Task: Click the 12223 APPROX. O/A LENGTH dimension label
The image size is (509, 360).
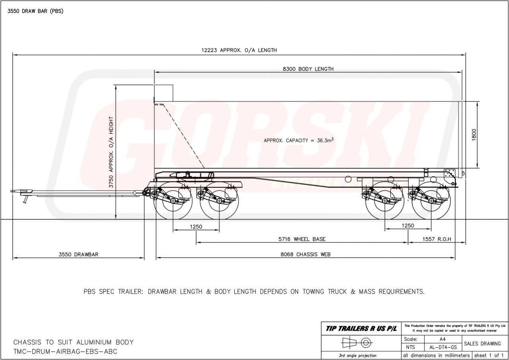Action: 239,50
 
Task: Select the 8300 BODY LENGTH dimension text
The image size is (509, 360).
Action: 308,69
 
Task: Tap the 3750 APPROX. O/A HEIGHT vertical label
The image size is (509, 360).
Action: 111,152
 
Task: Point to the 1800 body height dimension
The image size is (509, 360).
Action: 474,135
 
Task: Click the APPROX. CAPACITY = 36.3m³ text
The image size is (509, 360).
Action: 299,140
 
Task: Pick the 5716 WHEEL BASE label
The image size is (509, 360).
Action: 302,239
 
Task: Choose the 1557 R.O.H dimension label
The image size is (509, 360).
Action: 437,239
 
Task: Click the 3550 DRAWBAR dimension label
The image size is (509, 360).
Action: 78,254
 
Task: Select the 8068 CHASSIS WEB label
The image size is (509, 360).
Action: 305,254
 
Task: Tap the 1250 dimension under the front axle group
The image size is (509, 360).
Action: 196,226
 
